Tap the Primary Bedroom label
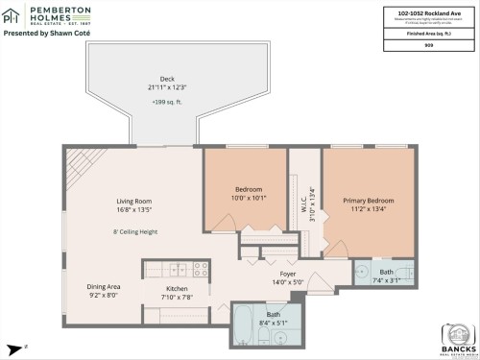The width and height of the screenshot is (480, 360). click(369, 200)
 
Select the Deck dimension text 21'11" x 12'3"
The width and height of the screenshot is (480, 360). click(167, 87)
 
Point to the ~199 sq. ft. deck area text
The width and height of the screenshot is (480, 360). click(167, 101)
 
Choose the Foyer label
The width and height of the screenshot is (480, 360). click(287, 274)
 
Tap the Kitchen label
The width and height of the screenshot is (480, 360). click(177, 288)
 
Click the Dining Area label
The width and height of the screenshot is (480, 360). click(104, 287)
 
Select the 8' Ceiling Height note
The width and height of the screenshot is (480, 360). click(134, 231)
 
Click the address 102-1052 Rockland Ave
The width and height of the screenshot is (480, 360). click(425, 12)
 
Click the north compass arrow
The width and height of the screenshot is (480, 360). click(15, 347)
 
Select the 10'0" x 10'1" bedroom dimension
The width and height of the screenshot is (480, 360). click(249, 197)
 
